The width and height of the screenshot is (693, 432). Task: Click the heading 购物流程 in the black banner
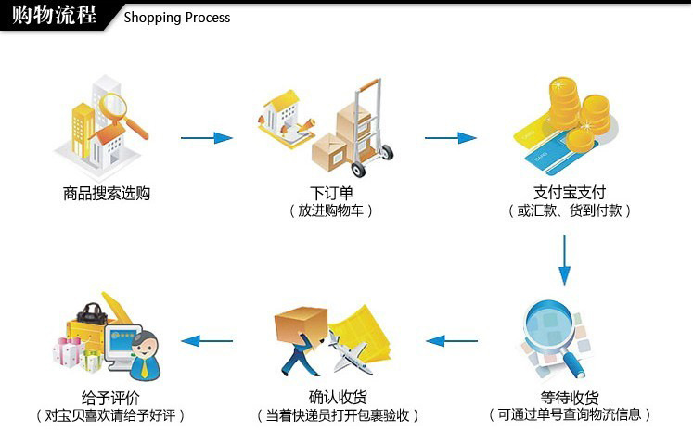(54, 16)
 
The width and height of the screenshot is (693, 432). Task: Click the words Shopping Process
(176, 18)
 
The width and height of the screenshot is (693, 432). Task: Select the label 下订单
(331, 194)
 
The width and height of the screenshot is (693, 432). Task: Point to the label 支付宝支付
(569, 193)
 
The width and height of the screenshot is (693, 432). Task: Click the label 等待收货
(570, 397)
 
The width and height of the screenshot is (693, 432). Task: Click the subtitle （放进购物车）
(331, 211)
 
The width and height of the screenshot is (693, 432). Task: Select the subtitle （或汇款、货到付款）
(570, 211)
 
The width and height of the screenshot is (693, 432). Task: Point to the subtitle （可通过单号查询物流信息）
(570, 414)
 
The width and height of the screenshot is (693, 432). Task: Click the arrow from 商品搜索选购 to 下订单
(206, 138)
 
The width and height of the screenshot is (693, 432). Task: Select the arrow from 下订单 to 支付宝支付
(450, 138)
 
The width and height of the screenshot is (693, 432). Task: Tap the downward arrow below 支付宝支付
(565, 260)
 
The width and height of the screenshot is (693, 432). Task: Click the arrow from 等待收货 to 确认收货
(451, 340)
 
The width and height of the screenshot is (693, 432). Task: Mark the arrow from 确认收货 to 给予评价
(206, 340)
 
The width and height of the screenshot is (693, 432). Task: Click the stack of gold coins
(577, 102)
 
